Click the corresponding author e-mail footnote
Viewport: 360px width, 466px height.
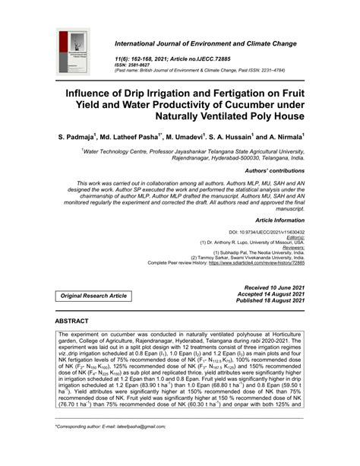pos(113,449)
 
